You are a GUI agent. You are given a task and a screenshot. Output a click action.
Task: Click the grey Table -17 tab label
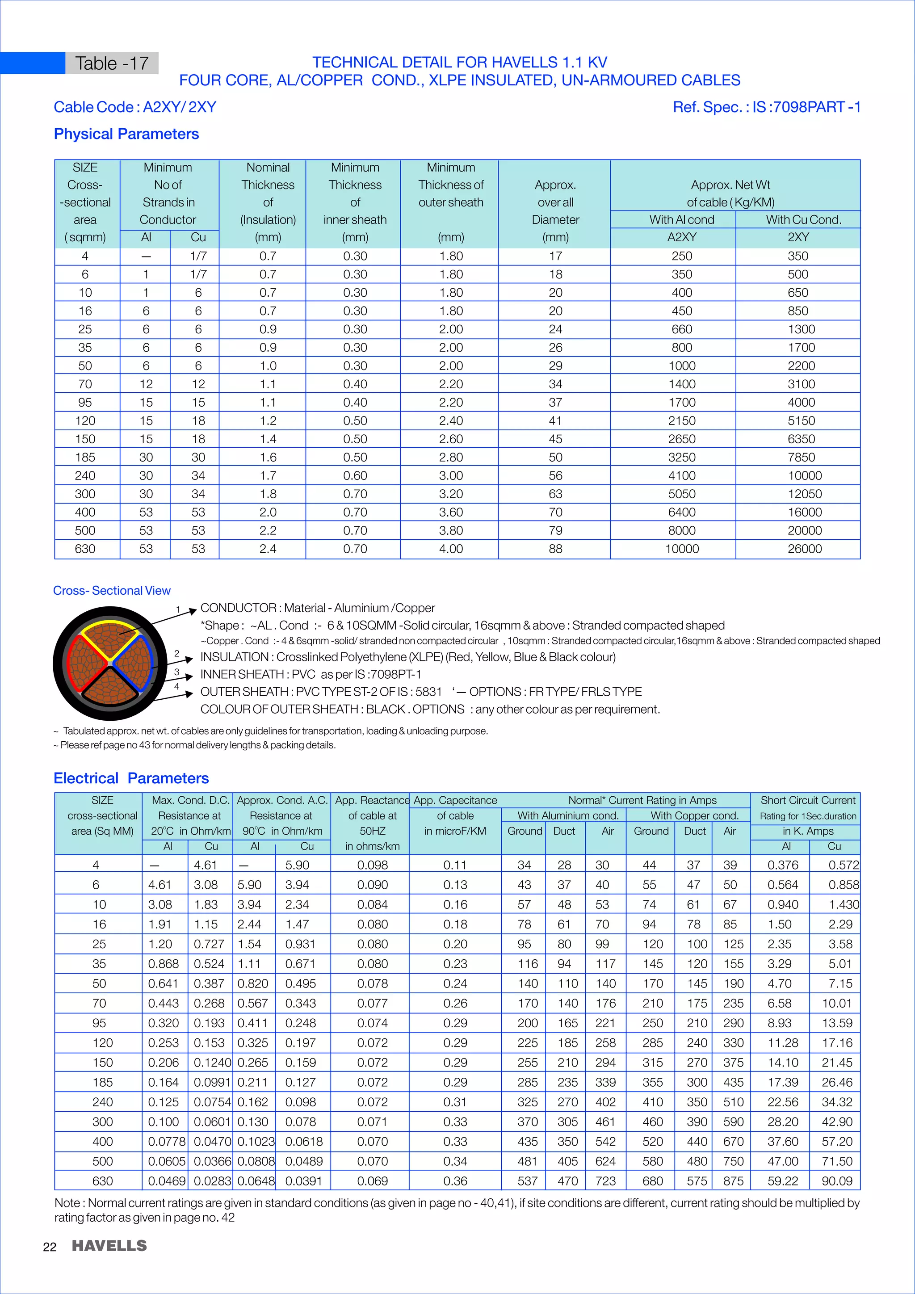click(x=112, y=63)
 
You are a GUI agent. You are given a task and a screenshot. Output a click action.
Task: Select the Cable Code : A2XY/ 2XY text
click(x=134, y=107)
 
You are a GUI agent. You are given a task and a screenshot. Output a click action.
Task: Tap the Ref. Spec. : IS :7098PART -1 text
click(x=766, y=107)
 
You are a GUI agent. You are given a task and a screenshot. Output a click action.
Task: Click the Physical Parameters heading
click(x=126, y=134)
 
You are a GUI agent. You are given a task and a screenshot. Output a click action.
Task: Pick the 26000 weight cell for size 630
click(x=804, y=549)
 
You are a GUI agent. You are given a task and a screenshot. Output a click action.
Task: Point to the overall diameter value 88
click(x=555, y=549)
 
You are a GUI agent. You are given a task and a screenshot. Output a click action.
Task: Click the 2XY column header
click(x=798, y=237)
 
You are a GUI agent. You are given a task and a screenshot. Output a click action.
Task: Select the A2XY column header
click(x=681, y=237)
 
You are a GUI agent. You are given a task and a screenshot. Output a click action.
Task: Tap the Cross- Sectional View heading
click(x=112, y=591)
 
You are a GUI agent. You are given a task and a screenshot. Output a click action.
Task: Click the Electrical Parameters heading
click(x=131, y=778)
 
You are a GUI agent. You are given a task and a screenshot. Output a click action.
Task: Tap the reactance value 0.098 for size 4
click(x=373, y=865)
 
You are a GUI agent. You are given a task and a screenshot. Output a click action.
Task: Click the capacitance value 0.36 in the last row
click(x=455, y=1181)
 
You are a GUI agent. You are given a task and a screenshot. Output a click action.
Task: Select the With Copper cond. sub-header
click(x=694, y=815)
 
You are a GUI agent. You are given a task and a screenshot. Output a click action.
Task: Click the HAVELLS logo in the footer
click(x=109, y=1246)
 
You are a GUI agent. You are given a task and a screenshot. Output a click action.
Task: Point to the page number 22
click(x=50, y=1247)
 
